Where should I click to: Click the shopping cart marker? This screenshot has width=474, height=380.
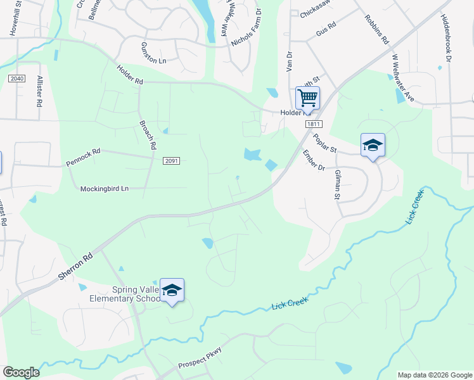click(x=307, y=98)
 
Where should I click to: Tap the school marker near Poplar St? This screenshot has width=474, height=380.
click(x=373, y=145)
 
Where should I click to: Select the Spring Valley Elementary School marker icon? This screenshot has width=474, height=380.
click(x=172, y=290)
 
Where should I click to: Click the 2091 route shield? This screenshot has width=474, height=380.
click(x=171, y=161)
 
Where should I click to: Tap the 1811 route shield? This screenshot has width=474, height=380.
click(x=312, y=124)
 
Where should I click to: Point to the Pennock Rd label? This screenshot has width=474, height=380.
click(x=83, y=158)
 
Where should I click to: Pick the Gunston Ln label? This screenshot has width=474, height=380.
click(x=152, y=49)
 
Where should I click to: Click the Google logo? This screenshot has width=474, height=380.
click(x=21, y=372)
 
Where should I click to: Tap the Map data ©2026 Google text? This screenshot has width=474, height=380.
click(x=434, y=375)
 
